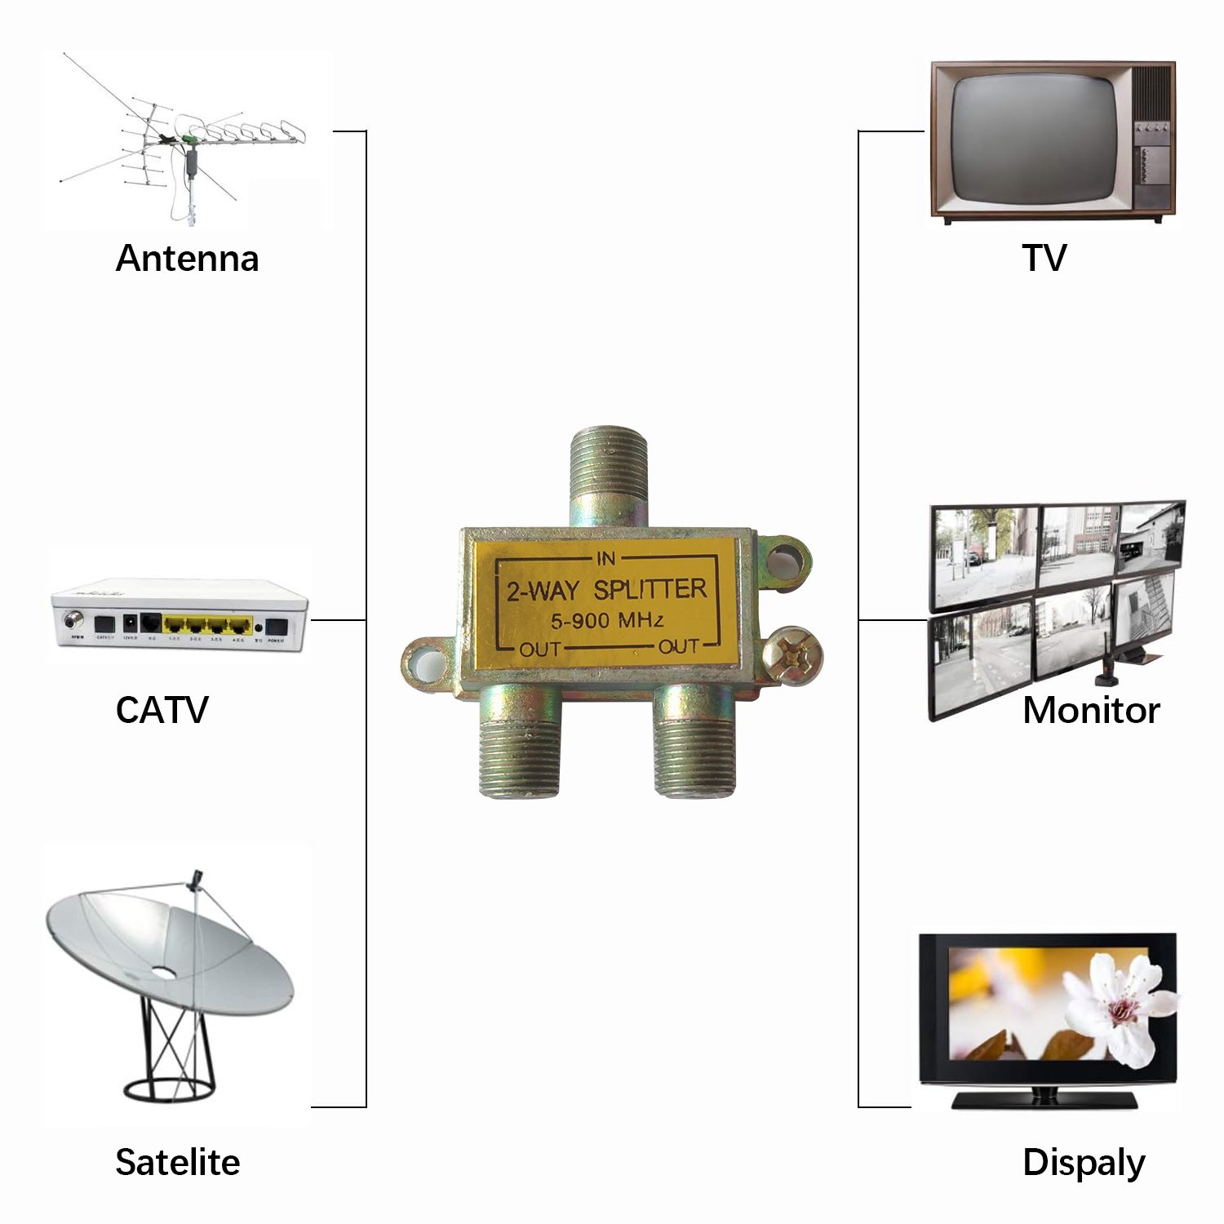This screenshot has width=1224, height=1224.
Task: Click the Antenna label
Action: pyautogui.click(x=187, y=259)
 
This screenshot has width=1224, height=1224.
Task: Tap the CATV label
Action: pyautogui.click(x=162, y=710)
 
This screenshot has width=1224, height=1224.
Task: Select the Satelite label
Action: pyautogui.click(x=177, y=1162)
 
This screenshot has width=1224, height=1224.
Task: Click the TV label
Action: pyautogui.click(x=1044, y=258)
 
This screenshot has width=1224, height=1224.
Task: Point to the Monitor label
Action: pyautogui.click(x=1090, y=710)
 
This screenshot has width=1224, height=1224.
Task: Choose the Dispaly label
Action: pyautogui.click(x=1083, y=1163)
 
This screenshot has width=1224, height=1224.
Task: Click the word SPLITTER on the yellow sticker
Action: pyautogui.click(x=650, y=589)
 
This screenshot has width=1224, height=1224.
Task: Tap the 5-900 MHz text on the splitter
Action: pyautogui.click(x=606, y=621)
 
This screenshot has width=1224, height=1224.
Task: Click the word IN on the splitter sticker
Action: pyautogui.click(x=605, y=559)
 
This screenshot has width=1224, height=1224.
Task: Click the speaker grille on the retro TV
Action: pyautogui.click(x=1152, y=91)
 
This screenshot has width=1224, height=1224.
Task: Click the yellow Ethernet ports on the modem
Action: pyautogui.click(x=207, y=626)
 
